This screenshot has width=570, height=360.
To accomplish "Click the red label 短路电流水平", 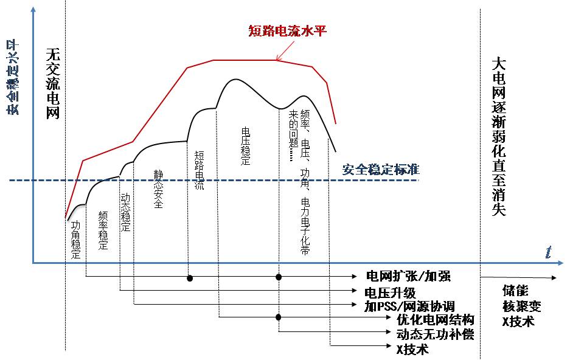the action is click(288, 30).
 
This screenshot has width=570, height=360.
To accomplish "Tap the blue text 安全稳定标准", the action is click(381, 169).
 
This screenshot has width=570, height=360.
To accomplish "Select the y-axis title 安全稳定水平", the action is click(13, 76).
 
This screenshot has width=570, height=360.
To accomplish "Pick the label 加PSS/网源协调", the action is click(409, 306).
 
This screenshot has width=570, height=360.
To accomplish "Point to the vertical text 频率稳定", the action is click(103, 231).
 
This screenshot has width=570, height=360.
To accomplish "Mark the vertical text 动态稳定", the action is click(125, 213).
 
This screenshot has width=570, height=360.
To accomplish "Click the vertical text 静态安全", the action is click(158, 190).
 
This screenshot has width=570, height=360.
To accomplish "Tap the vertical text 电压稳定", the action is click(246, 147).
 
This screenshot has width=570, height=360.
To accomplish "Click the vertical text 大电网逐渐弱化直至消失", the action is click(498, 137).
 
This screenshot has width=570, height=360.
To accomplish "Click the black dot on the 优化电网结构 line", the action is click(279, 317).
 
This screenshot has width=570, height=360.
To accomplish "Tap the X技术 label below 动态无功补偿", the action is click(412, 349).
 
